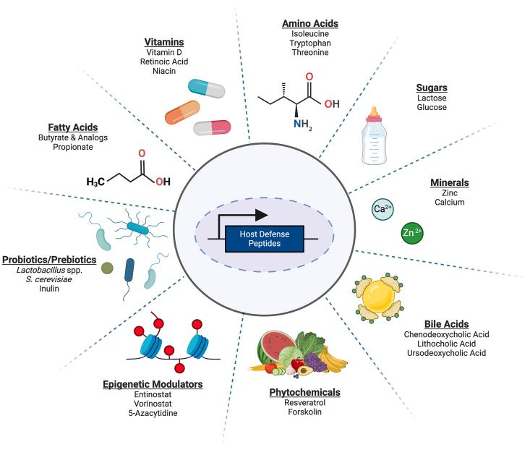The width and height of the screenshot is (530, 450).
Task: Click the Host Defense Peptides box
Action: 263,237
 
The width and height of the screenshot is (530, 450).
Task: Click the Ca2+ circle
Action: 382,210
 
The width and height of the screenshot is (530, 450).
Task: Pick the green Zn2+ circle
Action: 412,233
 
